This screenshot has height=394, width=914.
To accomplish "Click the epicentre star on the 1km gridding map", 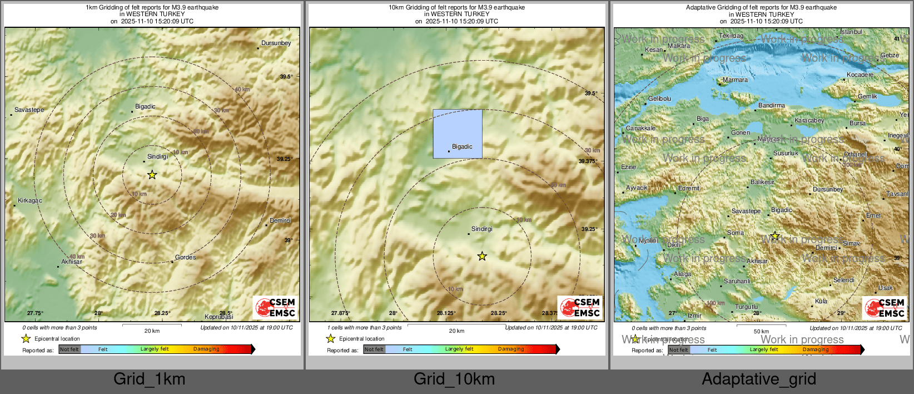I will click(x=152, y=175).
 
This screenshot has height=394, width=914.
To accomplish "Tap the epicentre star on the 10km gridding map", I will click(x=482, y=256).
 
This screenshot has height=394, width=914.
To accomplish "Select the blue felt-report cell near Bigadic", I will click(x=458, y=134).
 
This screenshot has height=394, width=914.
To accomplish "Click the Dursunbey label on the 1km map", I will click(x=276, y=43).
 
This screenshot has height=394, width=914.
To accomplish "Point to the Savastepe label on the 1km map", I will click(x=29, y=110).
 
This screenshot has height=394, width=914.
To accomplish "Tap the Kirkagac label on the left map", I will click(x=29, y=200).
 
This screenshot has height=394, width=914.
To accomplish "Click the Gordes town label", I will click(x=185, y=257).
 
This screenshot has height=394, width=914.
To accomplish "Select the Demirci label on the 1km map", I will click(x=280, y=220).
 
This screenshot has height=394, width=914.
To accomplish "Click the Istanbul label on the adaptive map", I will click(x=851, y=32).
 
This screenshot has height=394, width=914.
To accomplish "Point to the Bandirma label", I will click(x=772, y=105).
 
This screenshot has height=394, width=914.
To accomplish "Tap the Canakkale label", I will click(x=640, y=128).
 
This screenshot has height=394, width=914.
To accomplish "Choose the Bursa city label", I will click(x=857, y=123).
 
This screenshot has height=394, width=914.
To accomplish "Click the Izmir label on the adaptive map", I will click(x=694, y=316).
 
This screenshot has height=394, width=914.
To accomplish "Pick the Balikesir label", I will click(x=762, y=182).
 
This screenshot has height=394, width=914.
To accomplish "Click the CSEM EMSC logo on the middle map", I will click(x=580, y=307).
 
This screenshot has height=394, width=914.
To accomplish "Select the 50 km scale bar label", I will click(x=761, y=331).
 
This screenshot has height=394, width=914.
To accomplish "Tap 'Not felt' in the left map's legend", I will click(x=69, y=349).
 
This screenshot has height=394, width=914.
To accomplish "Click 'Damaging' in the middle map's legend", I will click(x=511, y=349).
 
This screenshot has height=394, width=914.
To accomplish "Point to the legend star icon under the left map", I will click(x=26, y=338).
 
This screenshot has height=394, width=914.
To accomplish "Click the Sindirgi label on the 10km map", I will click(x=481, y=229).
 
